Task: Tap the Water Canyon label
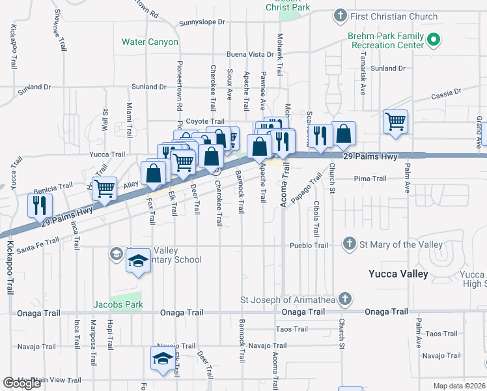tap(150, 42)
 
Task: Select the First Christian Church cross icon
tap(339, 16)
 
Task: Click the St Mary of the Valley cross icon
tap(349, 244)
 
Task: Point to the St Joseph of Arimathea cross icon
tap(344, 300)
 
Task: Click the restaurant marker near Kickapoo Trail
tap(40, 205)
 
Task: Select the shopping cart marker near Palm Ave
tap(396, 122)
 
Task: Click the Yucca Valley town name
tap(398, 274)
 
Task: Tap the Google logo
tap(21, 384)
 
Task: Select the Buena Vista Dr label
tap(250, 55)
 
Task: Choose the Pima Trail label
tap(370, 179)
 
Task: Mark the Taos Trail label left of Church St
tap(291, 329)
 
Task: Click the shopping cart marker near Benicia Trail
tap(104, 188)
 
